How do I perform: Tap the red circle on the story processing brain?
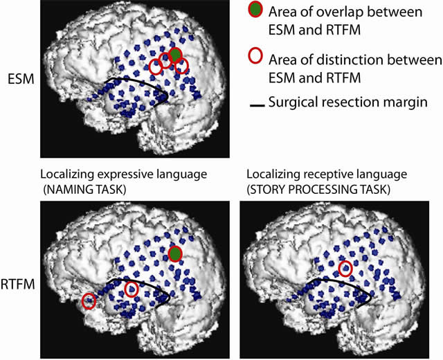coord(345,268)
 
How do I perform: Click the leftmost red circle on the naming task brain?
coord(89,301)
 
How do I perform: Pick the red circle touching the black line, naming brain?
coord(132,291)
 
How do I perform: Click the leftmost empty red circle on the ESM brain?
coord(156,67)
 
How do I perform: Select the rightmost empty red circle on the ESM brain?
coord(181,66)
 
